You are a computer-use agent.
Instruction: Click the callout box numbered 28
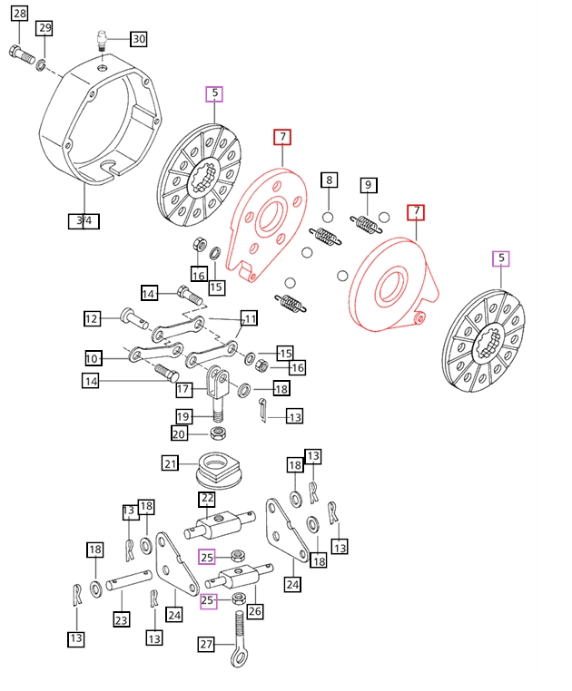point(19,13)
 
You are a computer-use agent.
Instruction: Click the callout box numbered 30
point(138,39)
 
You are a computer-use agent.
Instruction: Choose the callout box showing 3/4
point(84,220)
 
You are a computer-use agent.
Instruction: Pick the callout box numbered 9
point(368,185)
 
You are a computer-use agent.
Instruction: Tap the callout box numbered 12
point(92,318)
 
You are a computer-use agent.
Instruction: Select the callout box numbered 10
point(92,358)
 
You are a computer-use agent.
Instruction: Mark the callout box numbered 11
point(249,318)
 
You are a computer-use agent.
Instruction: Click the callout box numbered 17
point(183,389)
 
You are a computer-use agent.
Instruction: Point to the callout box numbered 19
point(183,416)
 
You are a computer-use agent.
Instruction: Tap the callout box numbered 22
point(208,499)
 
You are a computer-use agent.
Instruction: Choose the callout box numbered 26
point(255,612)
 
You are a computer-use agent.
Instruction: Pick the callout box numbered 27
point(208,644)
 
